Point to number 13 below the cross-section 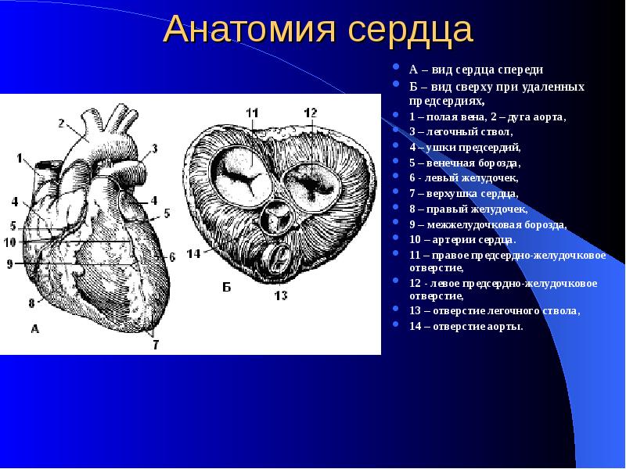(x=279, y=295)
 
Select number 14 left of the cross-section (x=193, y=253)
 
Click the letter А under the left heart (x=34, y=329)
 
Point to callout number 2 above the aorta (x=60, y=123)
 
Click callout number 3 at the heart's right (x=154, y=148)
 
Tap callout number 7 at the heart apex (x=156, y=344)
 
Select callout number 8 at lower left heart (x=32, y=303)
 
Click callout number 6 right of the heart (x=171, y=256)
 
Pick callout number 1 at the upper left (x=18, y=158)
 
